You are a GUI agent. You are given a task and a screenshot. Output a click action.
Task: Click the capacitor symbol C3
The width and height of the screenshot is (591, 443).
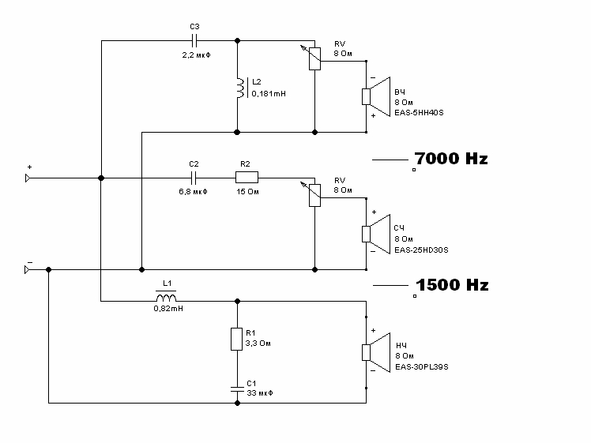point(194,40)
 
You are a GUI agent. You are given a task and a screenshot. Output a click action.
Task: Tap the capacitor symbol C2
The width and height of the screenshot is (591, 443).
point(194,178)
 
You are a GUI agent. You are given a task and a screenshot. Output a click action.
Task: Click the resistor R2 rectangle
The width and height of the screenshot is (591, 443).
point(246,178)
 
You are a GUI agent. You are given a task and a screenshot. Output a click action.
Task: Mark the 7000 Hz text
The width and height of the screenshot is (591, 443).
point(451,159)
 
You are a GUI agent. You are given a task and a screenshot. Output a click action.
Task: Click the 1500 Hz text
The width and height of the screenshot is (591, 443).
point(451,284)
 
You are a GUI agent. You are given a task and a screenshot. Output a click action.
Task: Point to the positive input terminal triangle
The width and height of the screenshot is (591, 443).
point(28,178)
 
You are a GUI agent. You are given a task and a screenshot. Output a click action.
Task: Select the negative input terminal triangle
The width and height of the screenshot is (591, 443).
point(28,269)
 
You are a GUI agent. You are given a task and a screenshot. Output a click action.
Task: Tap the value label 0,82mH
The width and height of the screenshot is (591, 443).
point(168,310)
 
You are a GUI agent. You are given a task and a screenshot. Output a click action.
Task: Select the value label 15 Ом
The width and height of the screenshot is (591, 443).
point(247,191)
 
